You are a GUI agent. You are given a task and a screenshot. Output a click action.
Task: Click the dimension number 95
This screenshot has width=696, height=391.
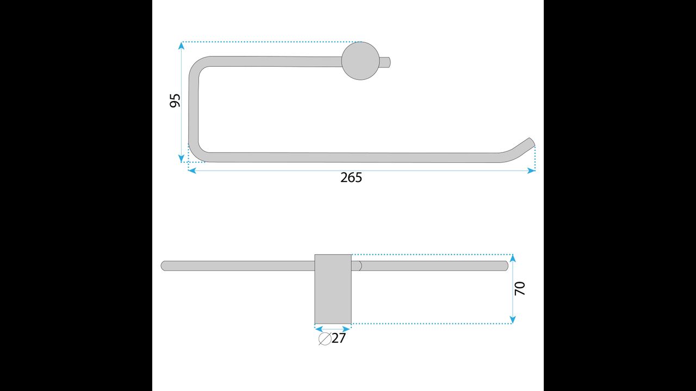(175, 100)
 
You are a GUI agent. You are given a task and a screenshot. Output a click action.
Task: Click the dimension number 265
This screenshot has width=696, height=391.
(351, 178)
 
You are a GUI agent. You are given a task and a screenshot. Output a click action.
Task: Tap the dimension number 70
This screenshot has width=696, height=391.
(520, 288)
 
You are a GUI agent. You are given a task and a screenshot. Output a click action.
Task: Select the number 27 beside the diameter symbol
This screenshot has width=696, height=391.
(339, 338)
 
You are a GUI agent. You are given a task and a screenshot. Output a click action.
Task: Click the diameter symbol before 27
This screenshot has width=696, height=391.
(325, 338)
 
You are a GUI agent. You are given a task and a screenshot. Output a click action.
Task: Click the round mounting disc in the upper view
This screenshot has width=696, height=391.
(361, 61)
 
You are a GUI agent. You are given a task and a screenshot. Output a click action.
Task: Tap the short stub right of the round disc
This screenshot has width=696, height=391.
(385, 62)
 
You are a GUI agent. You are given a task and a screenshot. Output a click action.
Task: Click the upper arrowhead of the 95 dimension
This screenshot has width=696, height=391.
(182, 46)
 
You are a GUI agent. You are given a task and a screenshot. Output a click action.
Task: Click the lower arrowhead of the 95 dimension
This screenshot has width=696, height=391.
(182, 159)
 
